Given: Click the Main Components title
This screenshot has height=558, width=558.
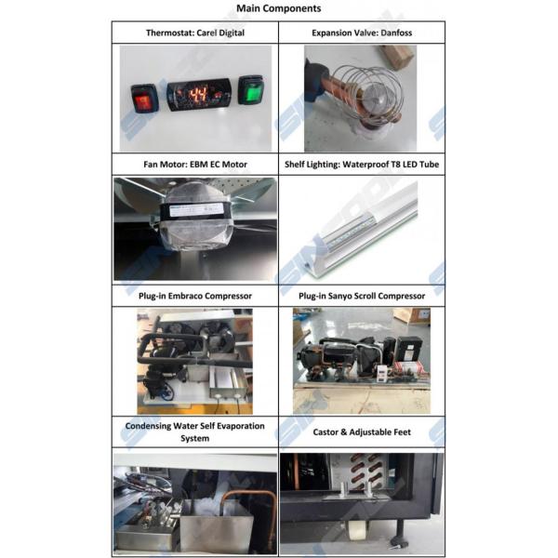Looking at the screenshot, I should point(279,8).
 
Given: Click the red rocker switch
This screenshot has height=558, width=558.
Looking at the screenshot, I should point(144,97).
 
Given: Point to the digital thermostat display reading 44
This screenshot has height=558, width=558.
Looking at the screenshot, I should point(198,95).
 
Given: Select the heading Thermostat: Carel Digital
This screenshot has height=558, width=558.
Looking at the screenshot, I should point(194,33).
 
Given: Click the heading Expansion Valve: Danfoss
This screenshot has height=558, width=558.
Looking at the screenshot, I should point(363,33).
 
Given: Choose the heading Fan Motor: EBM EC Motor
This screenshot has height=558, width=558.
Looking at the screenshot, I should point(194,165).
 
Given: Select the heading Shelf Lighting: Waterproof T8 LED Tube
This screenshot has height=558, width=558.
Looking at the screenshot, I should point(363,165).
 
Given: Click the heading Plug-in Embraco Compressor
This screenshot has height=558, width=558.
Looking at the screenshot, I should point(194,296).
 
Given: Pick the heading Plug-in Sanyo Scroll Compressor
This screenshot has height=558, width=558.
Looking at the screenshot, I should point(363,296).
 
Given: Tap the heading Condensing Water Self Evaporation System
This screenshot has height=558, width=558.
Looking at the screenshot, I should point(194,432).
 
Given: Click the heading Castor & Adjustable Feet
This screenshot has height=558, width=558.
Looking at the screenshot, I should point(363,432).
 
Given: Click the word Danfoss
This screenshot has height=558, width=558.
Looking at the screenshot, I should point(393,33).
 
